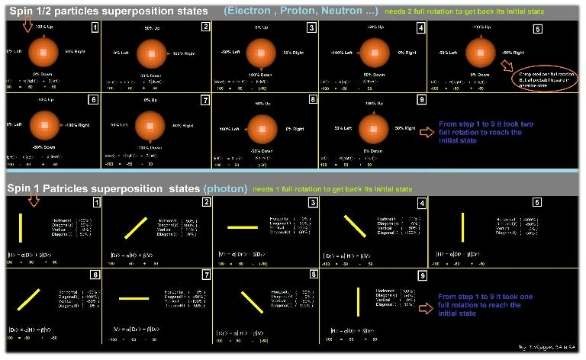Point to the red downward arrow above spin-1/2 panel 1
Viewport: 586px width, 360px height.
tap(27, 26)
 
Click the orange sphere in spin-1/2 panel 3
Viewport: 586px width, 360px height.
tap(262, 52)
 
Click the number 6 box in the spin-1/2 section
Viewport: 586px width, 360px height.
tap(94, 99)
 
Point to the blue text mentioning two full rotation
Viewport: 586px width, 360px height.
tap(481, 130)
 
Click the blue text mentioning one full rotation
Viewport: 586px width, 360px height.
tap(481, 308)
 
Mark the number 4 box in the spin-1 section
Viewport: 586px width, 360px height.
tap(421, 203)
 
